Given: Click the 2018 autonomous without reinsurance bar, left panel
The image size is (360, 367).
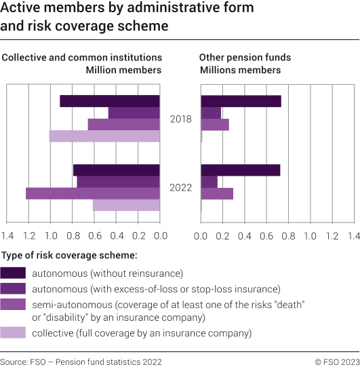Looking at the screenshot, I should point(110,101).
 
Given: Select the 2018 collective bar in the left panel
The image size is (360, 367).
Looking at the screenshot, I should point(104,136).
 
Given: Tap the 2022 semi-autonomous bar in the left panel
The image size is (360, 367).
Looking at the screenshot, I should point(93,193).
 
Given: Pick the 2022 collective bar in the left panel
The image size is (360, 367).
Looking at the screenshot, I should point(126,205).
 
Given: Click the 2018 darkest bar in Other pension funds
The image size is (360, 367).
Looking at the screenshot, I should point(241,101).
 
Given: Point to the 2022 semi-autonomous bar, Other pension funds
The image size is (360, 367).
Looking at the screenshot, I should point(217,193).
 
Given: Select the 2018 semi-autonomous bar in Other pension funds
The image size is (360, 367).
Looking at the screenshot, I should point(215,125).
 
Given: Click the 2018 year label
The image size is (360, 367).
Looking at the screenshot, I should point(180,119).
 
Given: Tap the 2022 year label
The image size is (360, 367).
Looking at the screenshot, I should point(180,188).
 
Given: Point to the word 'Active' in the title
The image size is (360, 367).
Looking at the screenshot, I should point(20,9).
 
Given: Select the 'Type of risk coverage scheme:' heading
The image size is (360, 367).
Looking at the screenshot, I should point(70,255).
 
